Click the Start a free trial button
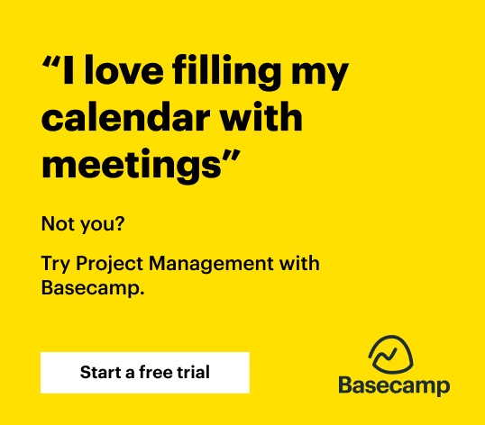tap(145, 373)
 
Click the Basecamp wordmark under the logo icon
tap(394, 386)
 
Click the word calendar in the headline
tap(125, 117)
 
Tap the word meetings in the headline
tap(131, 167)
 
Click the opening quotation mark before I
tap(51, 62)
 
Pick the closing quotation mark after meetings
tap(231, 156)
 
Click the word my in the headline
tap(320, 76)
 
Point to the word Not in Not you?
tap(57, 223)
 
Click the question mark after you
tap(120, 223)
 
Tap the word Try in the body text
tap(55, 265)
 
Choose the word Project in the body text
tap(109, 265)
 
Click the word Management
tap(211, 265)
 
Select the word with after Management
tap(299, 264)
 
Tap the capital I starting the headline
tap(69, 70)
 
